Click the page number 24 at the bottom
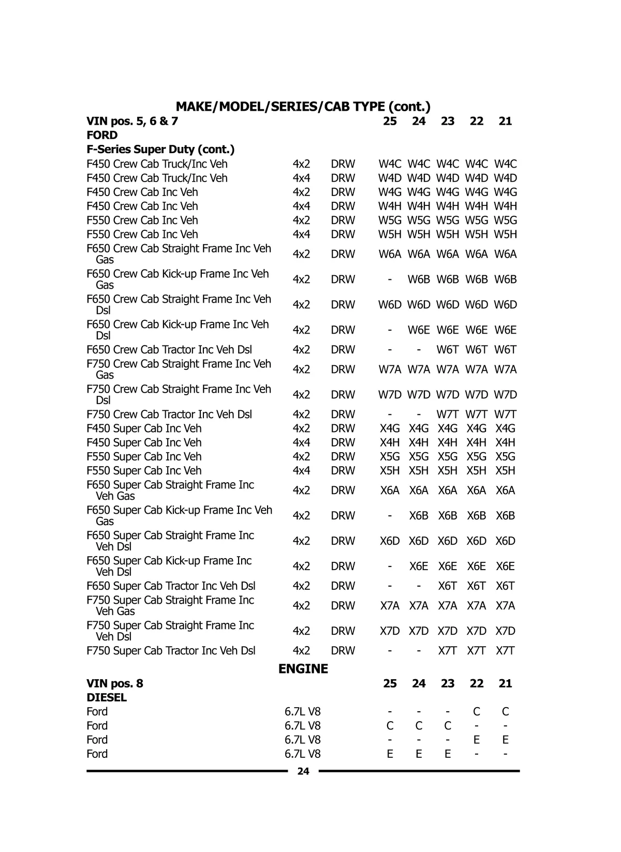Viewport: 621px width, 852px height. [303, 771]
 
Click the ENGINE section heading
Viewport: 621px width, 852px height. [303, 669]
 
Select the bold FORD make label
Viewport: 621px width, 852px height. [102, 136]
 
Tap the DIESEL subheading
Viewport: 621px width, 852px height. [107, 698]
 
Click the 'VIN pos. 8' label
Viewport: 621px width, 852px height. [115, 683]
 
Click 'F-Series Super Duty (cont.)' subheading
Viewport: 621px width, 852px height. [160, 150]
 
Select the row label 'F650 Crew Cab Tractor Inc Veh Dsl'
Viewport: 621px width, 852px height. [169, 350]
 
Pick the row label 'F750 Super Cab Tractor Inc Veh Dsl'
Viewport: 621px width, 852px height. [171, 651]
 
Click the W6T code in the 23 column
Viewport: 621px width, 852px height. [448, 350]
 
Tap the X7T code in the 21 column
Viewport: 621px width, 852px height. [505, 651]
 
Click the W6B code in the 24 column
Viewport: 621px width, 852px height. [419, 279]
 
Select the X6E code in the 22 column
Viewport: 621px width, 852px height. [476, 566]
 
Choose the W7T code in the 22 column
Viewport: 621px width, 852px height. [476, 414]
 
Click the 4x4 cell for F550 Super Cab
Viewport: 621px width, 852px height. [301, 471]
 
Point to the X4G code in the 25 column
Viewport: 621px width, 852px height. [390, 428]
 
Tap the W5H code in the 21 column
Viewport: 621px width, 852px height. [505, 234]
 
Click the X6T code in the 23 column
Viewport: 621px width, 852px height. [448, 586]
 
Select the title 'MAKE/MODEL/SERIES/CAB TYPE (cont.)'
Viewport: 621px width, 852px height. [303, 107]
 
